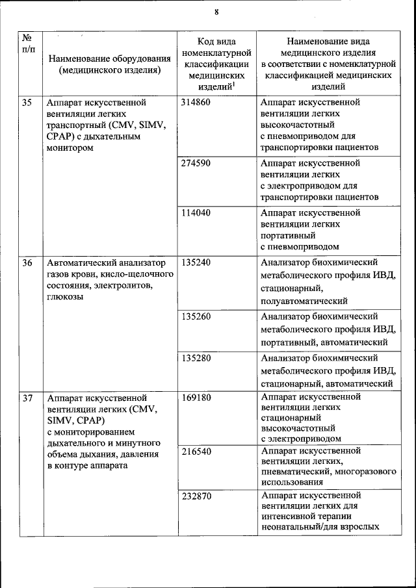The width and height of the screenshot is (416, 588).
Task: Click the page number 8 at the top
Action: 216,12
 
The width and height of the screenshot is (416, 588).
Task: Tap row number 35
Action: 27,103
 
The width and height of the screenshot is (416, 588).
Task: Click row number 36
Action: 27,262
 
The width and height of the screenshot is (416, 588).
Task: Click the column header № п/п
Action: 28,44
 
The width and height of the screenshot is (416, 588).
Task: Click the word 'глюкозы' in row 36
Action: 65,297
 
